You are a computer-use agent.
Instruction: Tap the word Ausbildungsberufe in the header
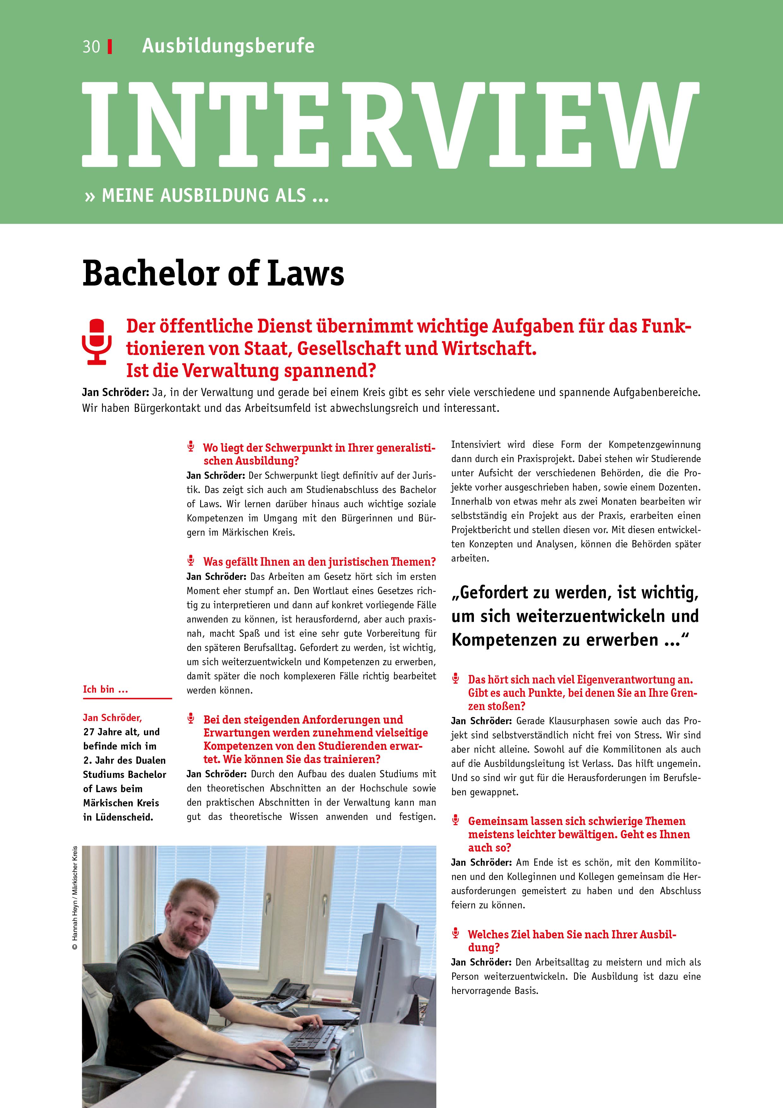coord(228,46)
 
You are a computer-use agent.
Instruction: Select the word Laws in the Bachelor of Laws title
coord(306,274)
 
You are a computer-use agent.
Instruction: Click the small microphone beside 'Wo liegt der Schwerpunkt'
coord(191,446)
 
